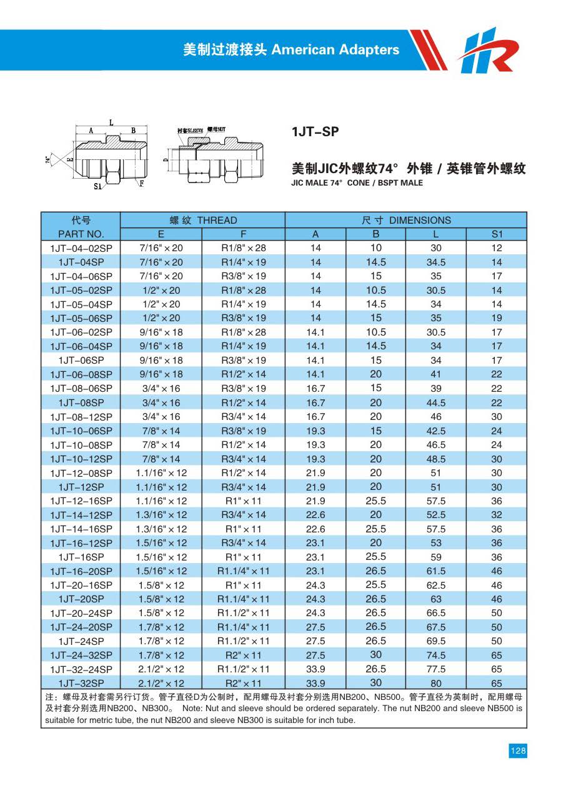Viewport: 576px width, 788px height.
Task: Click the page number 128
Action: pyautogui.click(x=518, y=751)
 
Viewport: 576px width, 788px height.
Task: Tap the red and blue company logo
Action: pyautogui.click(x=488, y=51)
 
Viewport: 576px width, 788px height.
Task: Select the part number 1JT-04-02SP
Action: pyautogui.click(x=81, y=248)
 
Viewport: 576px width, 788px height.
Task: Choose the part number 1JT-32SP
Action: pyautogui.click(x=81, y=683)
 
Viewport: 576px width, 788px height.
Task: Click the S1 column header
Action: pyautogui.click(x=497, y=234)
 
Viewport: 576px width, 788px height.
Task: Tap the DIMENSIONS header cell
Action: pyautogui.click(x=406, y=220)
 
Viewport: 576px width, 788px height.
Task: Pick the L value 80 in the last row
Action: pyautogui.click(x=435, y=683)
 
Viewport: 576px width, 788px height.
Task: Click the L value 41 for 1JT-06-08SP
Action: pyautogui.click(x=435, y=374)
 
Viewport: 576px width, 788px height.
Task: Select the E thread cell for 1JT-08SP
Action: pyautogui.click(x=161, y=402)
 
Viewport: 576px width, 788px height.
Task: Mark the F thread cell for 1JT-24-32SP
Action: pyautogui.click(x=244, y=655)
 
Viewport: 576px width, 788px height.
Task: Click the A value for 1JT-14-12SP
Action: pyautogui.click(x=315, y=515)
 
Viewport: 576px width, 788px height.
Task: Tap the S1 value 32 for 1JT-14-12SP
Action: pyautogui.click(x=497, y=515)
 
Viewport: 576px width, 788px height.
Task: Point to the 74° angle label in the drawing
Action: pyautogui.click(x=47, y=159)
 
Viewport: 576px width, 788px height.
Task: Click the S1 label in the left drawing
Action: pyautogui.click(x=97, y=186)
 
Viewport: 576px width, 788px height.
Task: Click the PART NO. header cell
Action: pyautogui.click(x=81, y=234)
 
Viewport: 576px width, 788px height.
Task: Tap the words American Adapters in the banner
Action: pyautogui.click(x=335, y=50)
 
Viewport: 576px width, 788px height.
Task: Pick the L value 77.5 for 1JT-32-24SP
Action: pyautogui.click(x=435, y=669)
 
